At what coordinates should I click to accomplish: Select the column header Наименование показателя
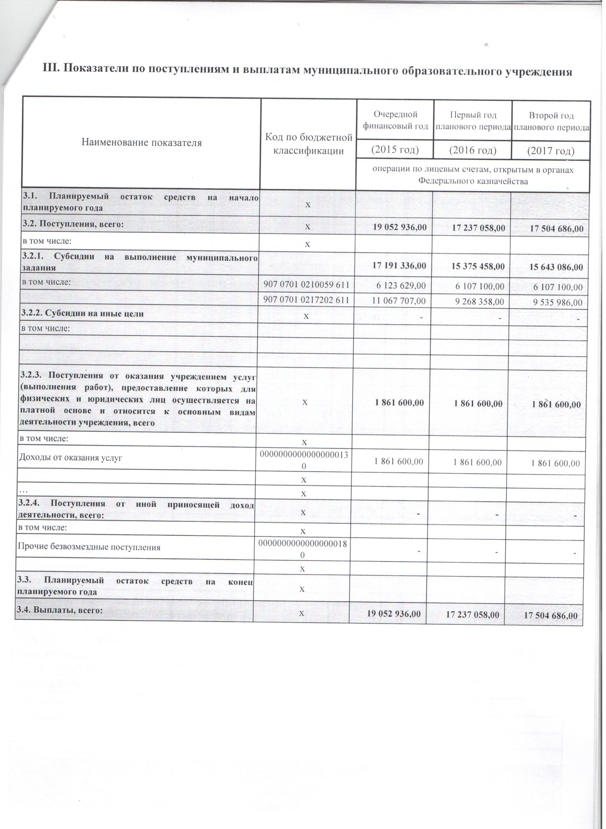(142, 142)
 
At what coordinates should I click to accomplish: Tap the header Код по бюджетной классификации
(309, 144)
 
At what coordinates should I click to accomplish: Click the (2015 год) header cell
(395, 150)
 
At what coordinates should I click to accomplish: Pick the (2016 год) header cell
(473, 150)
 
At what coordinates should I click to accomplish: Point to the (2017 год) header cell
(551, 151)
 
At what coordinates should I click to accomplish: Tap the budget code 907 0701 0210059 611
(306, 285)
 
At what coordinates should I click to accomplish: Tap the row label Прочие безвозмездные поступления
(89, 547)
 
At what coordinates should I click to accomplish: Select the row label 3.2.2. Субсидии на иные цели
(83, 314)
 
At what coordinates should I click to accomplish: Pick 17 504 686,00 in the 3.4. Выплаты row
(551, 615)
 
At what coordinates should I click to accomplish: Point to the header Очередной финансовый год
(395, 120)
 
